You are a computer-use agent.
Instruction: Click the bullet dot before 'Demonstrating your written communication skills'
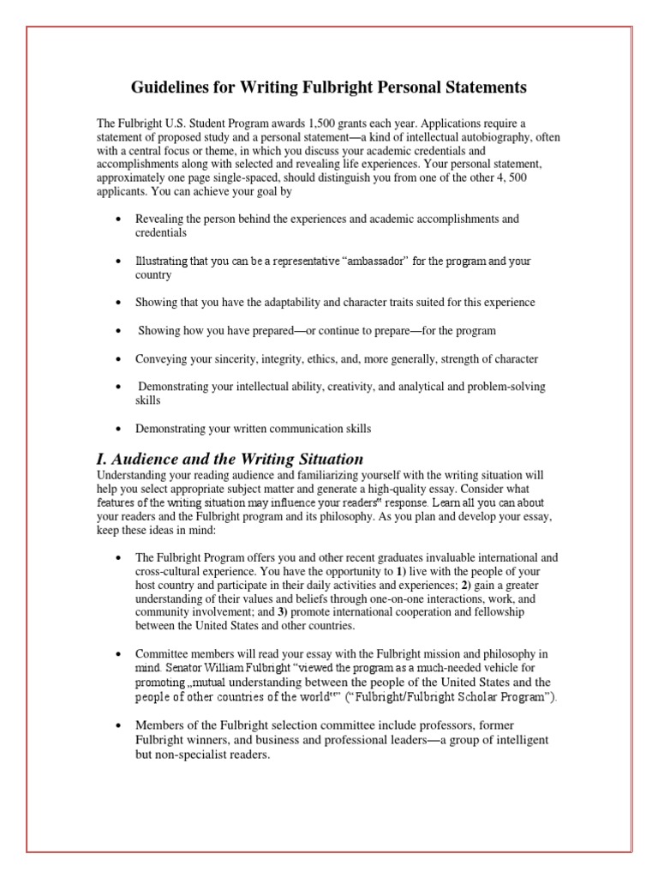(117, 429)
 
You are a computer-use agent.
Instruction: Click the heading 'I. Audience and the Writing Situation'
(230, 459)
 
